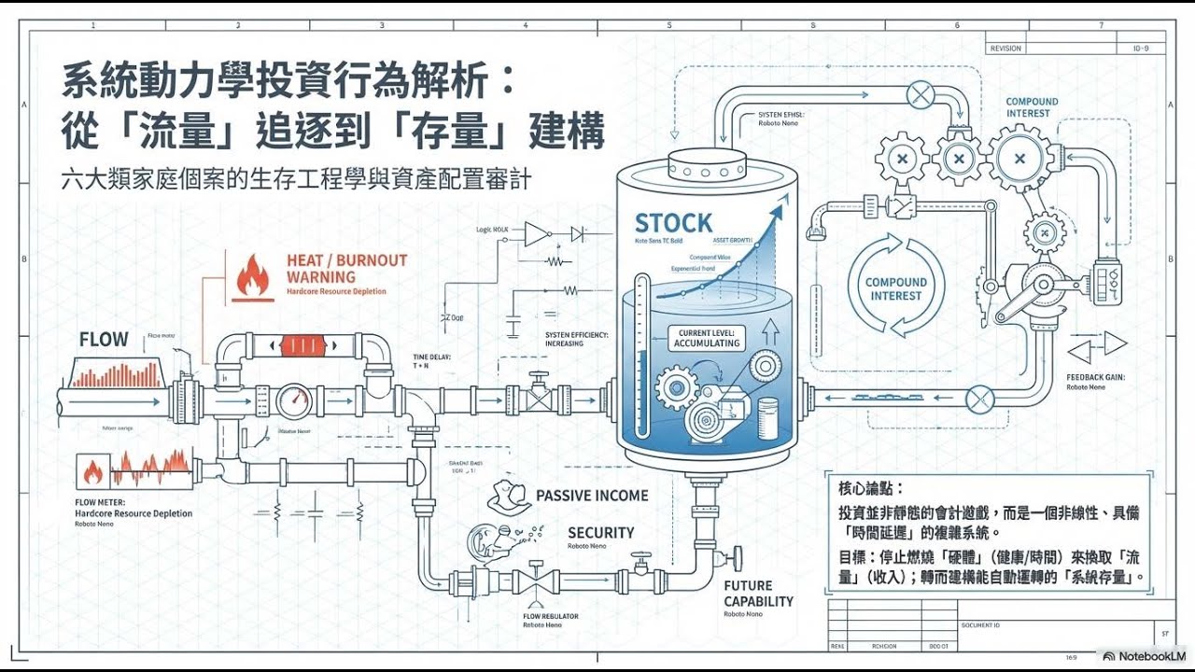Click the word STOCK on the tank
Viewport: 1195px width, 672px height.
(673, 223)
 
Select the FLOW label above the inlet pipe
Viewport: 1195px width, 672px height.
(104, 340)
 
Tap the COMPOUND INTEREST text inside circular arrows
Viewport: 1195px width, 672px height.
(896, 289)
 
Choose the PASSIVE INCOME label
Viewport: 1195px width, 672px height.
(592, 496)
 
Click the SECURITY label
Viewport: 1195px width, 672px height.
(600, 533)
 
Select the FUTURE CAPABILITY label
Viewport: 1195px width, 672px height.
(758, 594)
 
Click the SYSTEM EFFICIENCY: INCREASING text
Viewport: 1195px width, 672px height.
(577, 339)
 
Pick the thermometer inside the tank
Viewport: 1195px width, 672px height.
(640, 356)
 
